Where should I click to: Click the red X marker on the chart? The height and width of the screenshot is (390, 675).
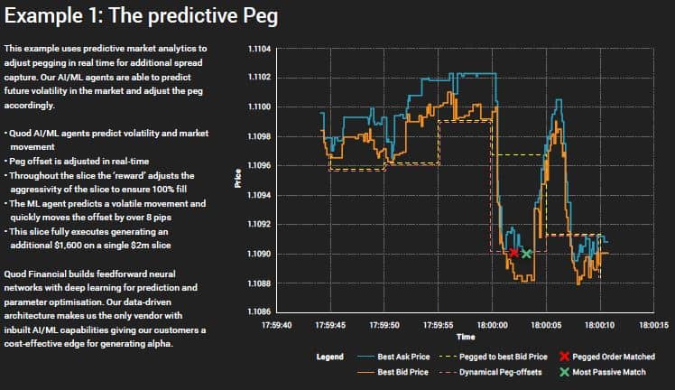[513, 254]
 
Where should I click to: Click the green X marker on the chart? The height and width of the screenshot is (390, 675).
[526, 255]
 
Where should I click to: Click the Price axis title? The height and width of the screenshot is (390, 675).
[238, 179]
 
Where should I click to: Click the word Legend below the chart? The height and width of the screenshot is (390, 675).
[329, 357]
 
